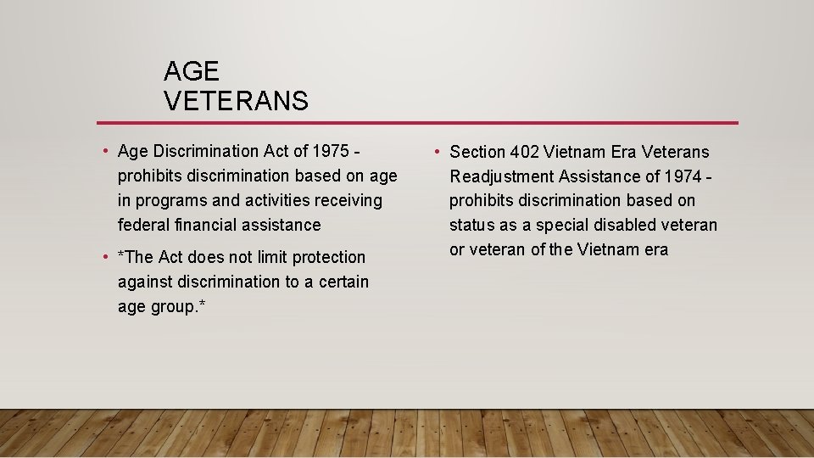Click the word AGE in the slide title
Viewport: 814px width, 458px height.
(x=192, y=71)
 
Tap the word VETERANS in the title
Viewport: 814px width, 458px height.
(x=236, y=102)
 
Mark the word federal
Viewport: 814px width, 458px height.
(x=143, y=226)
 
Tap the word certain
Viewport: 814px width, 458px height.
(x=343, y=282)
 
